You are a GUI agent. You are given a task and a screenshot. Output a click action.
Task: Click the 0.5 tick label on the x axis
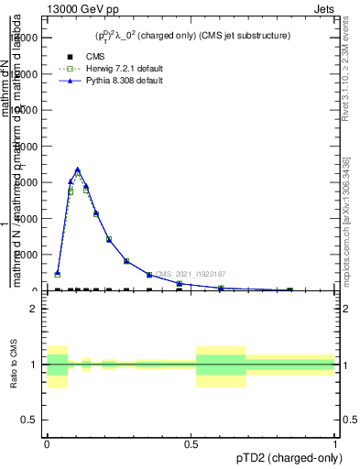click(x=191, y=444)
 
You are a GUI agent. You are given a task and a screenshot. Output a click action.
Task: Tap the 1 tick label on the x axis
click(x=335, y=444)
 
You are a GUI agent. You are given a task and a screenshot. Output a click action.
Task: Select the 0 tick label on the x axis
click(x=47, y=444)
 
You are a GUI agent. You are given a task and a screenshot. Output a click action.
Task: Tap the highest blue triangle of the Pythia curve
click(x=78, y=169)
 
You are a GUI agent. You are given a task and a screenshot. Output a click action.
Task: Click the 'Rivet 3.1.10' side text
click(x=345, y=73)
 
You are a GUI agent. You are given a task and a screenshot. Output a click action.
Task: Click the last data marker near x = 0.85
click(x=289, y=289)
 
